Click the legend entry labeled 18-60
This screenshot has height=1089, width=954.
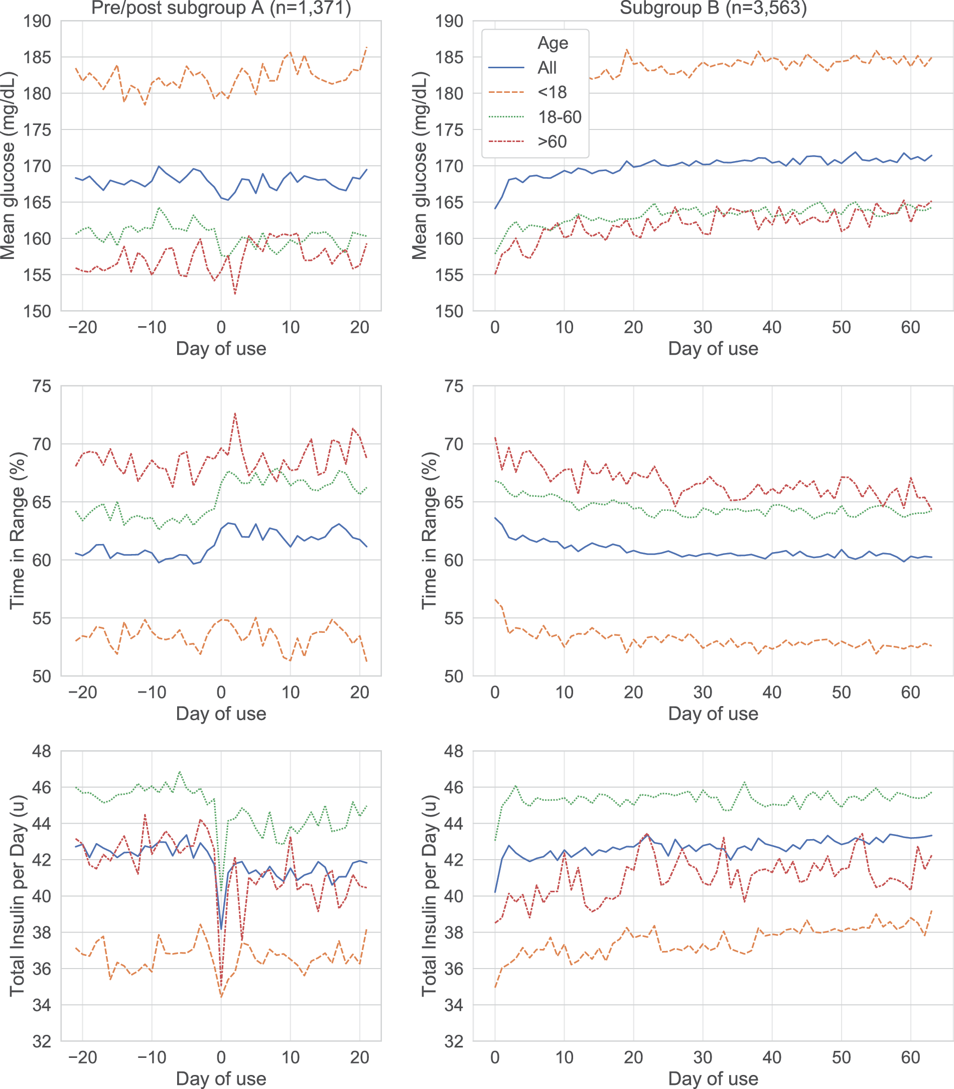point(535,117)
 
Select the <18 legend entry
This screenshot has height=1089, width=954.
point(527,92)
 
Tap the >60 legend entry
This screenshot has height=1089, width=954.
point(527,142)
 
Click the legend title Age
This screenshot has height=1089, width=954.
point(553,43)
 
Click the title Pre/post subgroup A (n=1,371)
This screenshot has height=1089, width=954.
point(221,8)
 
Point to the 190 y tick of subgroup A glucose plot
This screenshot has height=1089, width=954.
point(37,21)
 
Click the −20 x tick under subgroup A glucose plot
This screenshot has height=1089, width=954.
point(82,327)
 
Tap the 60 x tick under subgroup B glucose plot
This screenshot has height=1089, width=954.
point(910,327)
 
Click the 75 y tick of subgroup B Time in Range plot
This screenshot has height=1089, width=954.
point(454,386)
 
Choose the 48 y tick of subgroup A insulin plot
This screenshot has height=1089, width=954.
point(42,751)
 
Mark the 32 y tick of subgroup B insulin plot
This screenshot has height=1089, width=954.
point(454,1041)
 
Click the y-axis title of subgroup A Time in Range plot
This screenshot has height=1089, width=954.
point(17,530)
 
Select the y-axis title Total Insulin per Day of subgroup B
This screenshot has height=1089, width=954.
point(429,896)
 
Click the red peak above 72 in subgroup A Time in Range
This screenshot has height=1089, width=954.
point(235,413)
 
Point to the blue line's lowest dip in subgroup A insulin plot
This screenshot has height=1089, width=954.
point(221,928)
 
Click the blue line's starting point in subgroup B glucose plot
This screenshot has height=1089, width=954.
point(495,209)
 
